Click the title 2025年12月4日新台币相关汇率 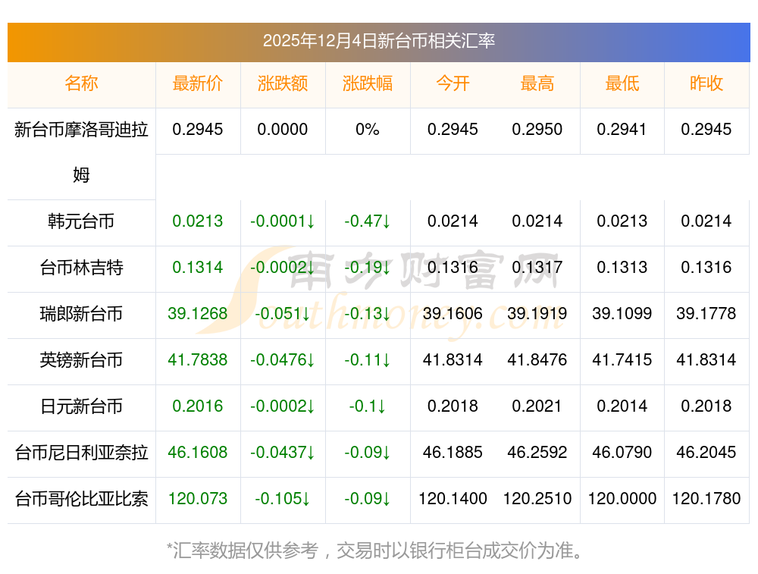(x=378, y=41)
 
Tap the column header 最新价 (x=198, y=83)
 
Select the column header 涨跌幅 (x=368, y=83)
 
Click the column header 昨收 (x=706, y=83)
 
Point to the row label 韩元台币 (x=81, y=221)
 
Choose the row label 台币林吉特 (x=81, y=268)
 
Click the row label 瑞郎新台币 (x=81, y=314)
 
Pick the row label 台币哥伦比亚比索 (x=81, y=499)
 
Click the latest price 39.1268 (x=198, y=314)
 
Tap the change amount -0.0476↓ (x=283, y=360)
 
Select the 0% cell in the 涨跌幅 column (x=368, y=130)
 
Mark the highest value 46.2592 (x=537, y=453)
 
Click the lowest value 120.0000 (x=622, y=499)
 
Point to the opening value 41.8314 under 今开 (x=453, y=360)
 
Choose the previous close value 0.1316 (x=706, y=268)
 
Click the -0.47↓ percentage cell (x=368, y=221)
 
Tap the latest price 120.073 (x=198, y=499)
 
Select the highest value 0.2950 (x=537, y=130)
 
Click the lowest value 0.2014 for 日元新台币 (x=622, y=406)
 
